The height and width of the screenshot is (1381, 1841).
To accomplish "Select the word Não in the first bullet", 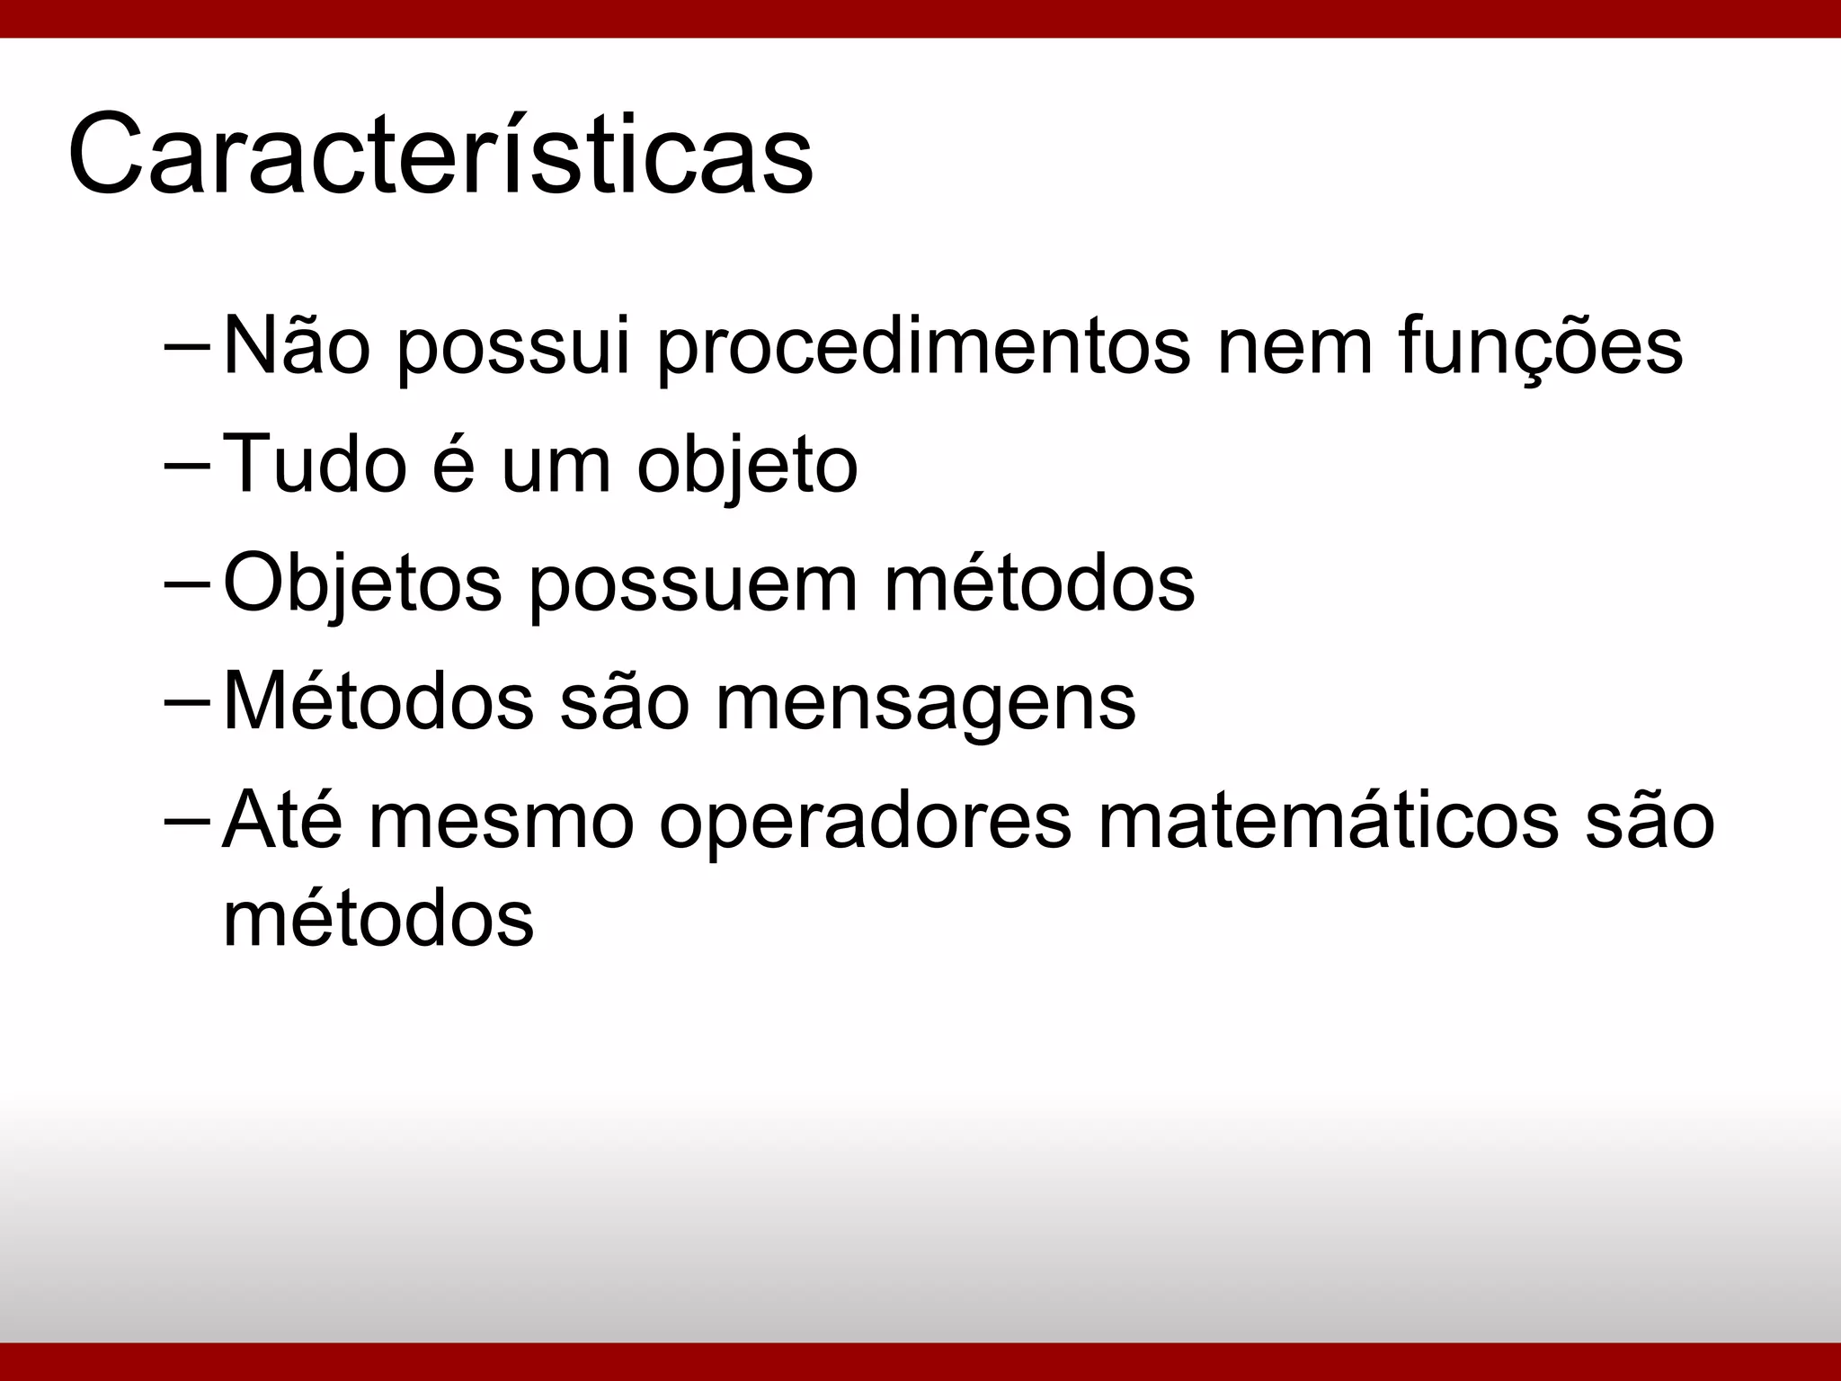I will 296,346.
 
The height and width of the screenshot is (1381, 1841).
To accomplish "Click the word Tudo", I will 315,465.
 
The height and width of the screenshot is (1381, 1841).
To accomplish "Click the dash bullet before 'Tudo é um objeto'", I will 188,466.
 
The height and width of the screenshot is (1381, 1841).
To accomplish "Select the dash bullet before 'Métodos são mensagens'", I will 188,701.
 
